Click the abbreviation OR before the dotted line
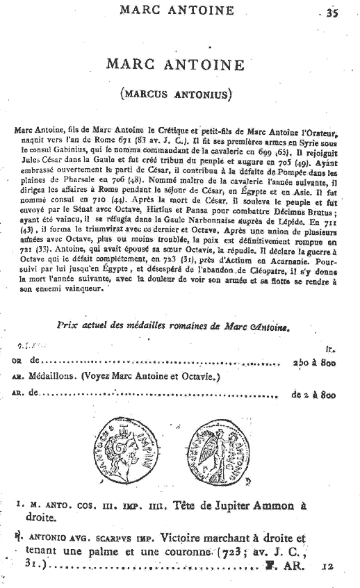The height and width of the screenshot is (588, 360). point(19,362)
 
